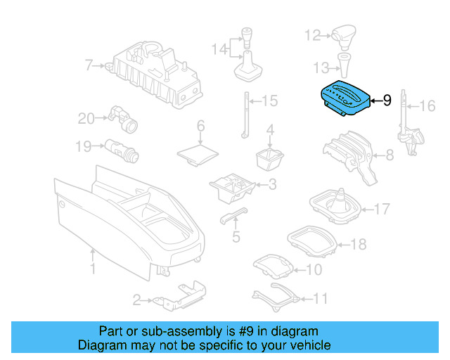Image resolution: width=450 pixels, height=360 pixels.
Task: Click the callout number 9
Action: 386,101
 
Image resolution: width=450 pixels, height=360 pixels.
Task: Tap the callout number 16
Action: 427,106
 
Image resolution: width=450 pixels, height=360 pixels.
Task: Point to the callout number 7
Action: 89,66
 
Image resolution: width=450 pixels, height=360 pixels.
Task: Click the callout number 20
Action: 86,119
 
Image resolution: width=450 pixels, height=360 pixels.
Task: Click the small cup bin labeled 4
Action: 269,158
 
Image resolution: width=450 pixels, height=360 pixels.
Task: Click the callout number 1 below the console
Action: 93,269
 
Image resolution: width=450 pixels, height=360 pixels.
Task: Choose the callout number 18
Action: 358,245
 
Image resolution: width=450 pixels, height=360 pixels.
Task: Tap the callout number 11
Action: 320,298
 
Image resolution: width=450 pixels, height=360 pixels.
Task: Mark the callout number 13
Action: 321,67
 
